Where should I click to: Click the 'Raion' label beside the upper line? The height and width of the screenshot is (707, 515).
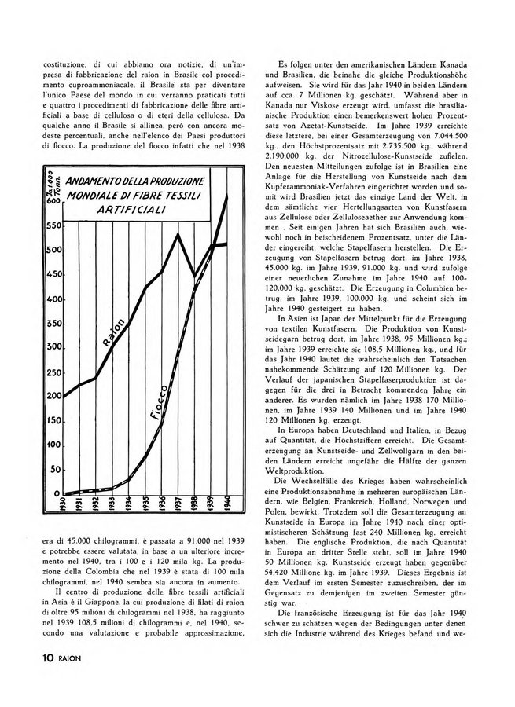[110, 332]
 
